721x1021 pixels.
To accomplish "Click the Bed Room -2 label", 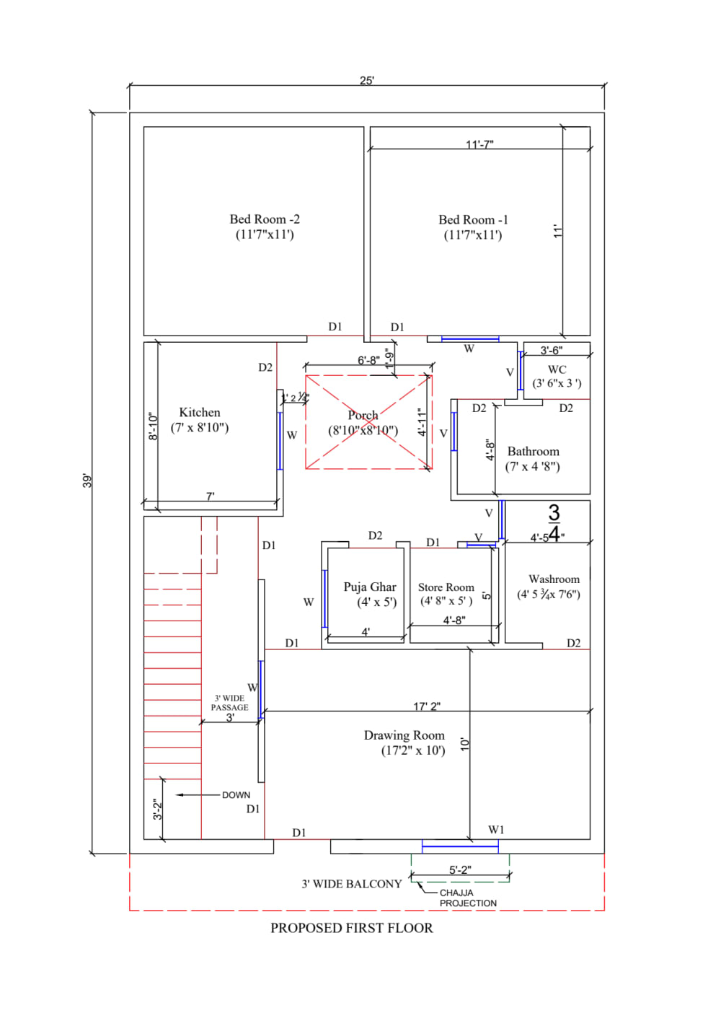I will click(x=265, y=219).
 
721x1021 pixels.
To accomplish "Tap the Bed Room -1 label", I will click(x=473, y=220).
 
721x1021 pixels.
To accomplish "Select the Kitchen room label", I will click(x=200, y=413).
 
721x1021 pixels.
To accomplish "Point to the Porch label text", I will click(x=363, y=416).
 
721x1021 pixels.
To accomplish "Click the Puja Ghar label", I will click(x=370, y=587).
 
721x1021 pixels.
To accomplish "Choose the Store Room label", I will click(x=446, y=588).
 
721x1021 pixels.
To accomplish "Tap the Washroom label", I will click(x=554, y=579).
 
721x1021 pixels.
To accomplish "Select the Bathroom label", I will click(x=533, y=452).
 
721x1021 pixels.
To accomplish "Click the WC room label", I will click(x=557, y=369).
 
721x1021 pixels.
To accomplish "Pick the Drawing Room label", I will click(x=404, y=735).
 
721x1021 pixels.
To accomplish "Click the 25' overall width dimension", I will click(x=367, y=81).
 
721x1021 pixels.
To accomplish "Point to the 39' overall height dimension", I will click(x=87, y=481).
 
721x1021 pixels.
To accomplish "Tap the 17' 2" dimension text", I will click(x=427, y=706).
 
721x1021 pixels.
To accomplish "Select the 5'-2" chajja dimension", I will click(x=460, y=870).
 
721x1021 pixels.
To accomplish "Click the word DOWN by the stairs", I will click(x=236, y=795).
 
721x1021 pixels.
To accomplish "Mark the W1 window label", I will click(x=496, y=830).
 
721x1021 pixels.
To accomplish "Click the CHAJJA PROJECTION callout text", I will click(x=467, y=898).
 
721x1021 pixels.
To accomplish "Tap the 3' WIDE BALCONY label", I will click(x=351, y=884).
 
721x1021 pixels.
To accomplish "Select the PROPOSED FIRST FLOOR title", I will click(x=352, y=928).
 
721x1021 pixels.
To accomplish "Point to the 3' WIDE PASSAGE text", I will click(x=229, y=703).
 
